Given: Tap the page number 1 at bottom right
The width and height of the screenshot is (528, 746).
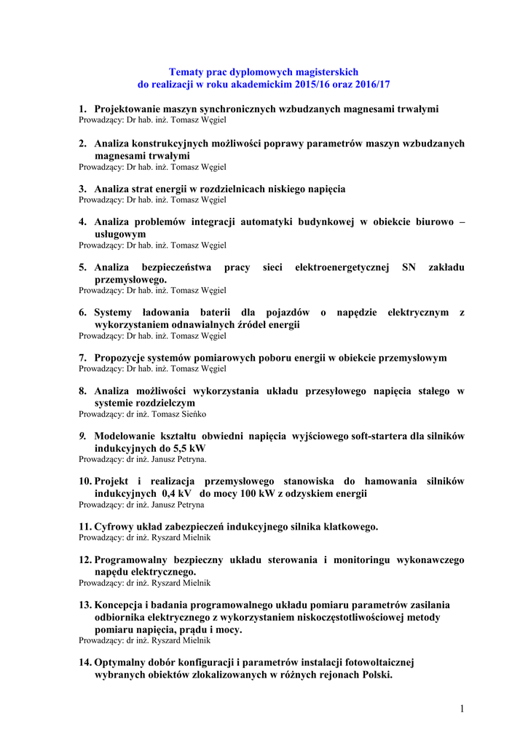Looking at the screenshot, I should [462, 709].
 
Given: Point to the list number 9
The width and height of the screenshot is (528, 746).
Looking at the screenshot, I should [82, 436].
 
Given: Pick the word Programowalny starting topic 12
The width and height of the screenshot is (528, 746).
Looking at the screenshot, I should [136, 560].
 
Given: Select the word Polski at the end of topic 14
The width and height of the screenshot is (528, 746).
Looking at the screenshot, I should [375, 674].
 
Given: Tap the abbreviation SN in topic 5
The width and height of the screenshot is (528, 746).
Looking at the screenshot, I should [409, 267].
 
